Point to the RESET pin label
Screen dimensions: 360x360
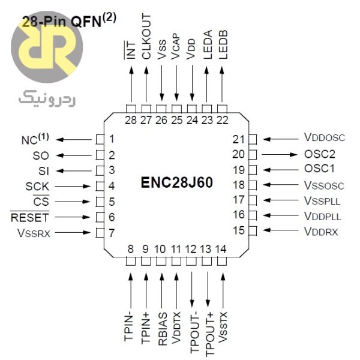pyautogui.click(x=30, y=217)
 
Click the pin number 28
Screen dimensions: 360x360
pyautogui.click(x=131, y=119)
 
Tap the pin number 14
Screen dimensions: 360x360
pyautogui.click(x=221, y=249)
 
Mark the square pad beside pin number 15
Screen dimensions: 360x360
pyautogui.click(x=253, y=230)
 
